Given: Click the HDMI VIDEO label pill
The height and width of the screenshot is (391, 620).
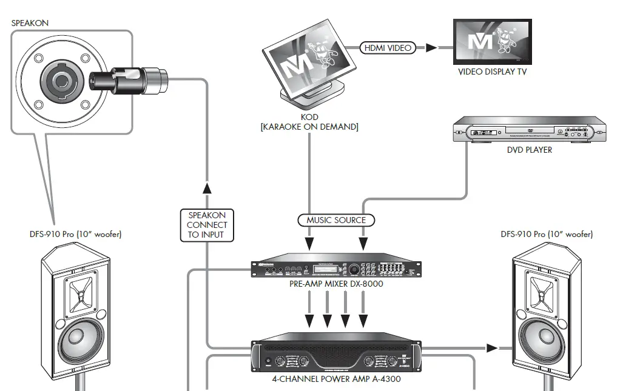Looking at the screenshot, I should coord(388,47).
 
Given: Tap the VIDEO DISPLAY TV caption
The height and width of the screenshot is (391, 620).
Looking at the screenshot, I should coord(492,72).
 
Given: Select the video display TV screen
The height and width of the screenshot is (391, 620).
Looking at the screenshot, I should coord(493,41).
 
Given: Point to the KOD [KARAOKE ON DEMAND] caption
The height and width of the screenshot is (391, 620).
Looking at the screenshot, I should coord(309,121).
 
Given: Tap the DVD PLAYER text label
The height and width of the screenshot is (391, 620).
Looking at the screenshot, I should coord(530,150).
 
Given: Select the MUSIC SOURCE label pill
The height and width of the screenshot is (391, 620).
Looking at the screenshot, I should coord(336,219).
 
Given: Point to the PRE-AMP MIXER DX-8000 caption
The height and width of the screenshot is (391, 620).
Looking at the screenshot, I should coord(336,284).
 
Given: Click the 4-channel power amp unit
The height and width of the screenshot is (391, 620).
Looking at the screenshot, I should coord(336,356).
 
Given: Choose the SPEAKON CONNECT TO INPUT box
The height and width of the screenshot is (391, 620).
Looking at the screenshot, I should coord(207,225).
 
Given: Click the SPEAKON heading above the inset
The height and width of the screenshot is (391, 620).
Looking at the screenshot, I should coord(30,22).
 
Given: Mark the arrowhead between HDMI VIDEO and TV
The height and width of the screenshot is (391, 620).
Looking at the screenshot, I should coord(431,47).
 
